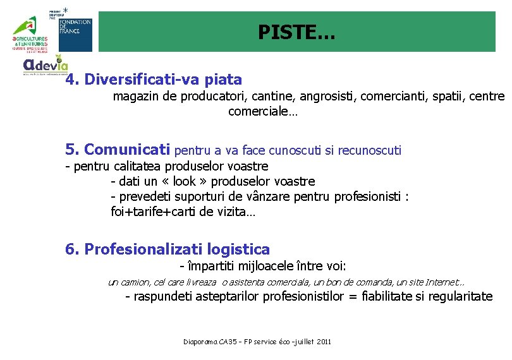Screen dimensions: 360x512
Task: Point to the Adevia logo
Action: [46, 66]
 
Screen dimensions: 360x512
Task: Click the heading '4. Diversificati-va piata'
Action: [154, 80]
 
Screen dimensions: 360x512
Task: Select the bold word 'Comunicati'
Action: [127, 150]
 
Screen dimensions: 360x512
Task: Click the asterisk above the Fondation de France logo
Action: [66, 10]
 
